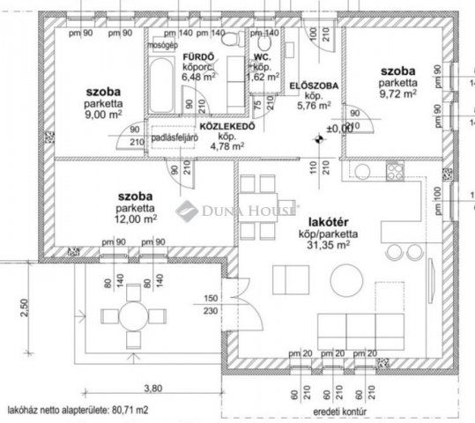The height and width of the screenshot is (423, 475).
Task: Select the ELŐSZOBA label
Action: click(309, 85)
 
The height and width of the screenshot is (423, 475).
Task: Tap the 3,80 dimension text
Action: click(153, 386)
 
